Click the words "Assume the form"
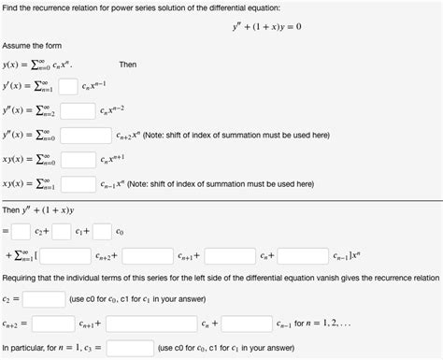[27, 45]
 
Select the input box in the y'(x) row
[67, 87]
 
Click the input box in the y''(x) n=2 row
[79, 111]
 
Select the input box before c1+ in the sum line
[62, 230]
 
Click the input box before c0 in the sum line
[102, 230]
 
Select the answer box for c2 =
[43, 299]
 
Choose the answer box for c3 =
[130, 347]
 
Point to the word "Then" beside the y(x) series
[128, 65]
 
